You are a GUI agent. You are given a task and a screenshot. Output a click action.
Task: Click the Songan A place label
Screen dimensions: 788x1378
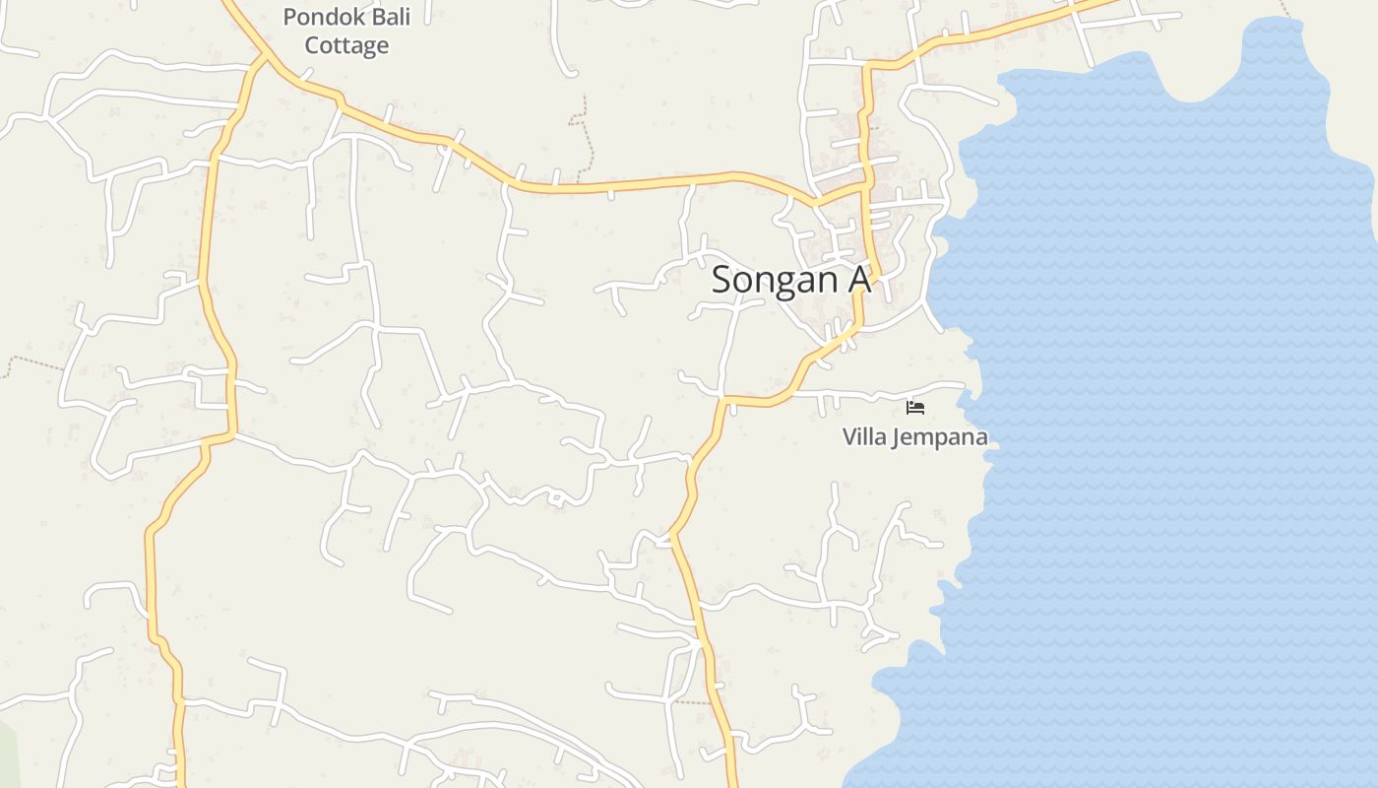point(790,280)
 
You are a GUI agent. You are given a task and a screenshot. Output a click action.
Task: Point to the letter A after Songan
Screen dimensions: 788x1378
point(858,280)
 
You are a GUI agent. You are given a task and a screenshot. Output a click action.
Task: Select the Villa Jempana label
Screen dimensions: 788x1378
point(914,436)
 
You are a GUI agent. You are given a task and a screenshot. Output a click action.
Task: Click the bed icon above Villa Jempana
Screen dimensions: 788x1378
point(915,407)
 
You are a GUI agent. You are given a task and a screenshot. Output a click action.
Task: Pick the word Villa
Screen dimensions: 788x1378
point(864,436)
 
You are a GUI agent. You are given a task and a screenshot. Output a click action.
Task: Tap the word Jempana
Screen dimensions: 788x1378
point(939,437)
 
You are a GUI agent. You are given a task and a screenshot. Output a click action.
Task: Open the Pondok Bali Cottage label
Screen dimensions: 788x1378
point(346,32)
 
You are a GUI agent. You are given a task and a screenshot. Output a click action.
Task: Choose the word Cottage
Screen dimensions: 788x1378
point(346,45)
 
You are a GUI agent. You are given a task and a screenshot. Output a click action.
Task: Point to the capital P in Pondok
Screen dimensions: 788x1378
point(289,17)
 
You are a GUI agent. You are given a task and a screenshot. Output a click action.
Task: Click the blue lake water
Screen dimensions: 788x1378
point(1161,394)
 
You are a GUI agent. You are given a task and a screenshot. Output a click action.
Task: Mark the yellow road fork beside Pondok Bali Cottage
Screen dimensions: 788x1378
point(262,58)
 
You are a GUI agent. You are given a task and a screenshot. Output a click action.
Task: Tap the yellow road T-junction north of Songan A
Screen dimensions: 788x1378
point(865,184)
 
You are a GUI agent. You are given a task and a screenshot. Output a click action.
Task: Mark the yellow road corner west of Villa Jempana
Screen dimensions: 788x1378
point(724,401)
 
